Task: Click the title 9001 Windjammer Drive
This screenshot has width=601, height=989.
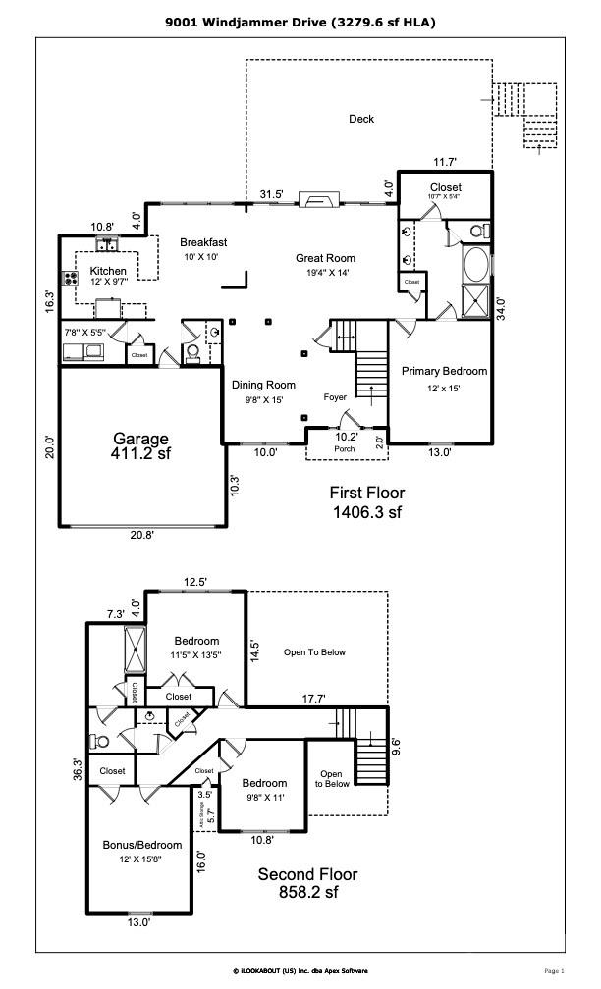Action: point(300,21)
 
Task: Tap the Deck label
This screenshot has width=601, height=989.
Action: point(361,120)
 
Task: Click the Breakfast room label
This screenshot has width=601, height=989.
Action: point(203,242)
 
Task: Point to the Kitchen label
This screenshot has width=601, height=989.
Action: point(108,271)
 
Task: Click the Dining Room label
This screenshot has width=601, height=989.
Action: point(263,386)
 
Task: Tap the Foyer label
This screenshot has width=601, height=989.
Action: point(335,397)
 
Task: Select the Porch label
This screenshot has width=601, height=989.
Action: point(345,449)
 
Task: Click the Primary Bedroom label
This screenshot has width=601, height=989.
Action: point(444,371)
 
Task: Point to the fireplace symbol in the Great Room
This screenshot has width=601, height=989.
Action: point(319,201)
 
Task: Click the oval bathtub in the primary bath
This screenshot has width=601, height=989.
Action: point(476,266)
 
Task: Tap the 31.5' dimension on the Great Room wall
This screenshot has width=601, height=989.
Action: point(271,194)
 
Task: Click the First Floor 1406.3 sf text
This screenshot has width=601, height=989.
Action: point(364,502)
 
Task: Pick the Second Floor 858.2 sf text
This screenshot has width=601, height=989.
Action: point(307,882)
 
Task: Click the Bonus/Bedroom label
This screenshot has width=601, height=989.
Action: point(142,845)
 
